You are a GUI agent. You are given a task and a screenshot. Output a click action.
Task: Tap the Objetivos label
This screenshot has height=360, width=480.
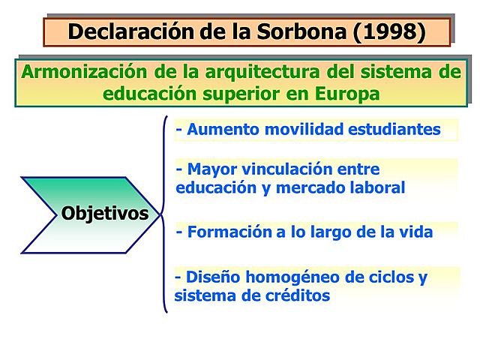(x=104, y=213)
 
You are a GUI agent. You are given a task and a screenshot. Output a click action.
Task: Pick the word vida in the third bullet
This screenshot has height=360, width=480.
(x=417, y=232)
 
